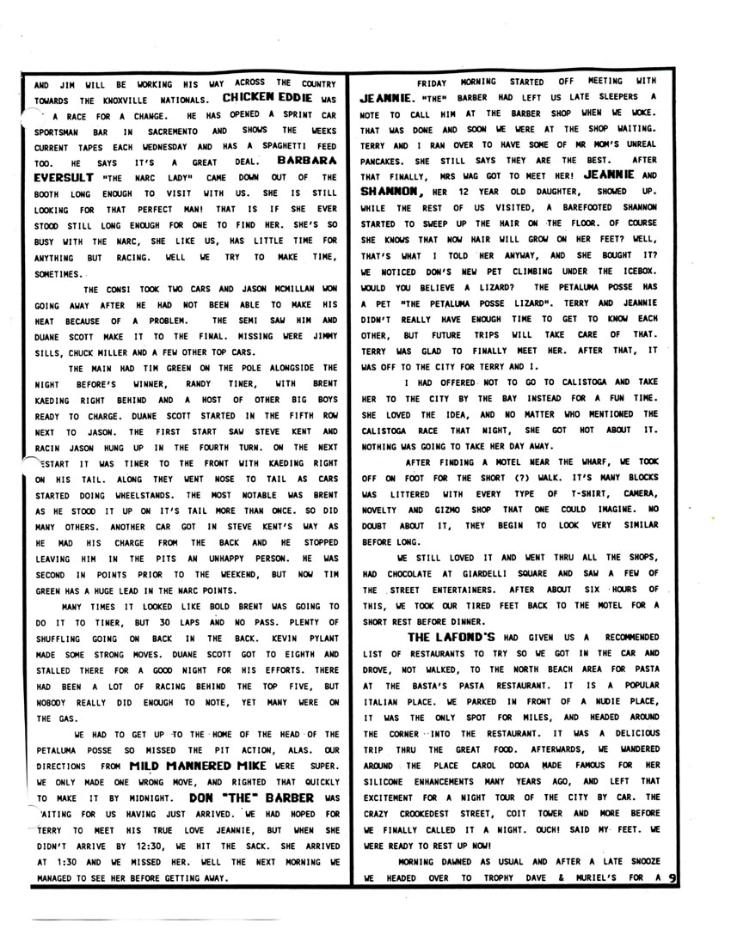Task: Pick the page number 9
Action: tap(673, 878)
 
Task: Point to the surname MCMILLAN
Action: tap(274, 265)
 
